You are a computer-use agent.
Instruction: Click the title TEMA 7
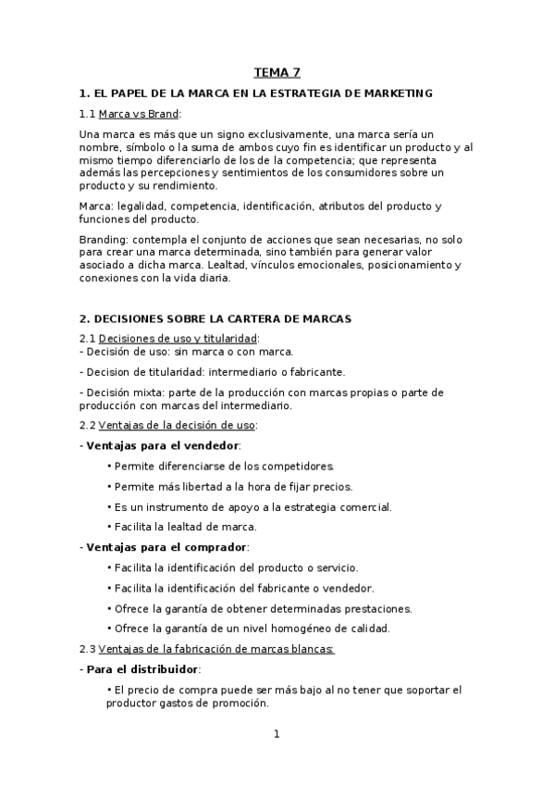pyautogui.click(x=277, y=72)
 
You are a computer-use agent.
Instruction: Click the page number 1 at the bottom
pyautogui.click(x=276, y=734)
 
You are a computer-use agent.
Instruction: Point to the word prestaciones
pyautogui.click(x=374, y=607)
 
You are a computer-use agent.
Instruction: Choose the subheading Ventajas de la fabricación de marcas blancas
pyautogui.click(x=215, y=649)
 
